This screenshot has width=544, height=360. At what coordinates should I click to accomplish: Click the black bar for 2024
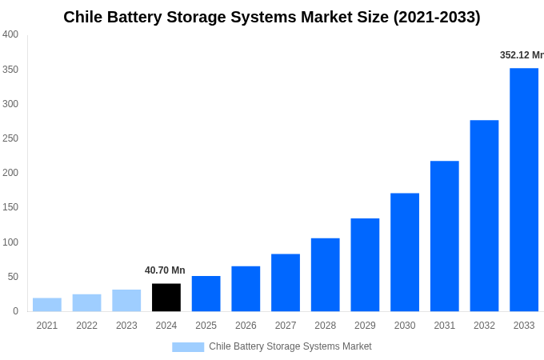click(166, 298)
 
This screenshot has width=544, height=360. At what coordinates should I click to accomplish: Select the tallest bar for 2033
click(524, 190)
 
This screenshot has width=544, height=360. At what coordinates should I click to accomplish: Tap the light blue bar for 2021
click(47, 305)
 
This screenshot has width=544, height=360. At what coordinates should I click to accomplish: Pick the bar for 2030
click(405, 252)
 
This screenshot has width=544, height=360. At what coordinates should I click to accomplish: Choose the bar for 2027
click(286, 282)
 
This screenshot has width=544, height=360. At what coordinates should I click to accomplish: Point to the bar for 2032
click(484, 216)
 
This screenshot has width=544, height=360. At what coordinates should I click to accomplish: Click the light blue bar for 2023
click(126, 301)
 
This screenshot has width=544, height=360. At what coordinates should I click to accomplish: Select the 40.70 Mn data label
click(165, 270)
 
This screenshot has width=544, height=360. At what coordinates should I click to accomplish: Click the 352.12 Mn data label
click(521, 55)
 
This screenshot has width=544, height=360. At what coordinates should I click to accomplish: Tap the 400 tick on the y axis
click(10, 34)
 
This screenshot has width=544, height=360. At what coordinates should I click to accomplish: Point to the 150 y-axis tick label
click(10, 207)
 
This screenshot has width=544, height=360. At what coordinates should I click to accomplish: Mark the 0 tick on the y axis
click(15, 311)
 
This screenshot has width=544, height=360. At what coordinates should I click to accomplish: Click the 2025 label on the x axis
click(206, 326)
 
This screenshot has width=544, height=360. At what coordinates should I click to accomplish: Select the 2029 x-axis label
click(365, 326)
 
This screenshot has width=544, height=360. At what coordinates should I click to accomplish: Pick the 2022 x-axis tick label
click(86, 326)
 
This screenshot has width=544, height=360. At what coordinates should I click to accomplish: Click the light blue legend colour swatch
click(188, 347)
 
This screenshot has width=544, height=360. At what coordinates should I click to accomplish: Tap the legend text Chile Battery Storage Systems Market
click(290, 346)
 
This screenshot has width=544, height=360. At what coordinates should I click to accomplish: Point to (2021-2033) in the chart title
click(437, 17)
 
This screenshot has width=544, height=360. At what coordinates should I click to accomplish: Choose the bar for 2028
click(325, 274)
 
